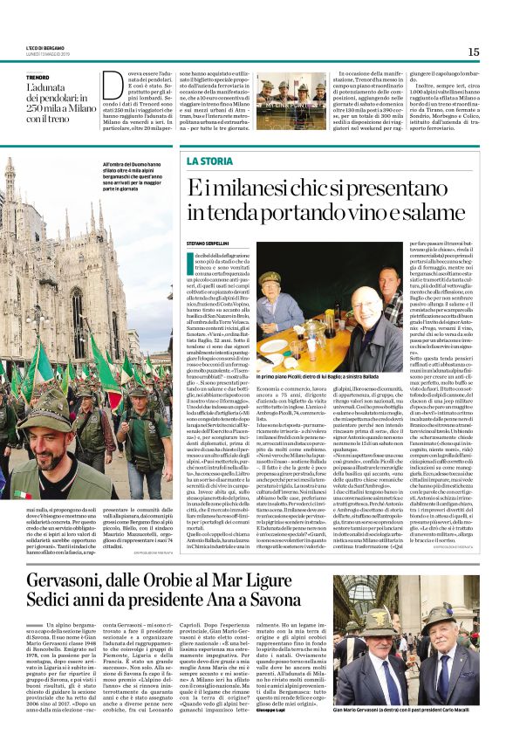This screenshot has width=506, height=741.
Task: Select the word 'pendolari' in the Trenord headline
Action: [63, 98]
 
